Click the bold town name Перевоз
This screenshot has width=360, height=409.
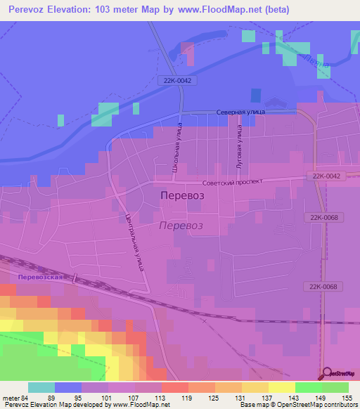tap(182, 196)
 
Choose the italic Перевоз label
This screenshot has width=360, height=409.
tap(181, 226)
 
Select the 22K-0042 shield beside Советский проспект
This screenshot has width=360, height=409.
tap(324, 176)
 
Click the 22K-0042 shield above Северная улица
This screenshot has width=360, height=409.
tap(174, 80)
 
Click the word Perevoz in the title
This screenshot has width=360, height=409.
tap(31, 9)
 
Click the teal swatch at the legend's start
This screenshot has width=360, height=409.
tap(41, 387)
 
